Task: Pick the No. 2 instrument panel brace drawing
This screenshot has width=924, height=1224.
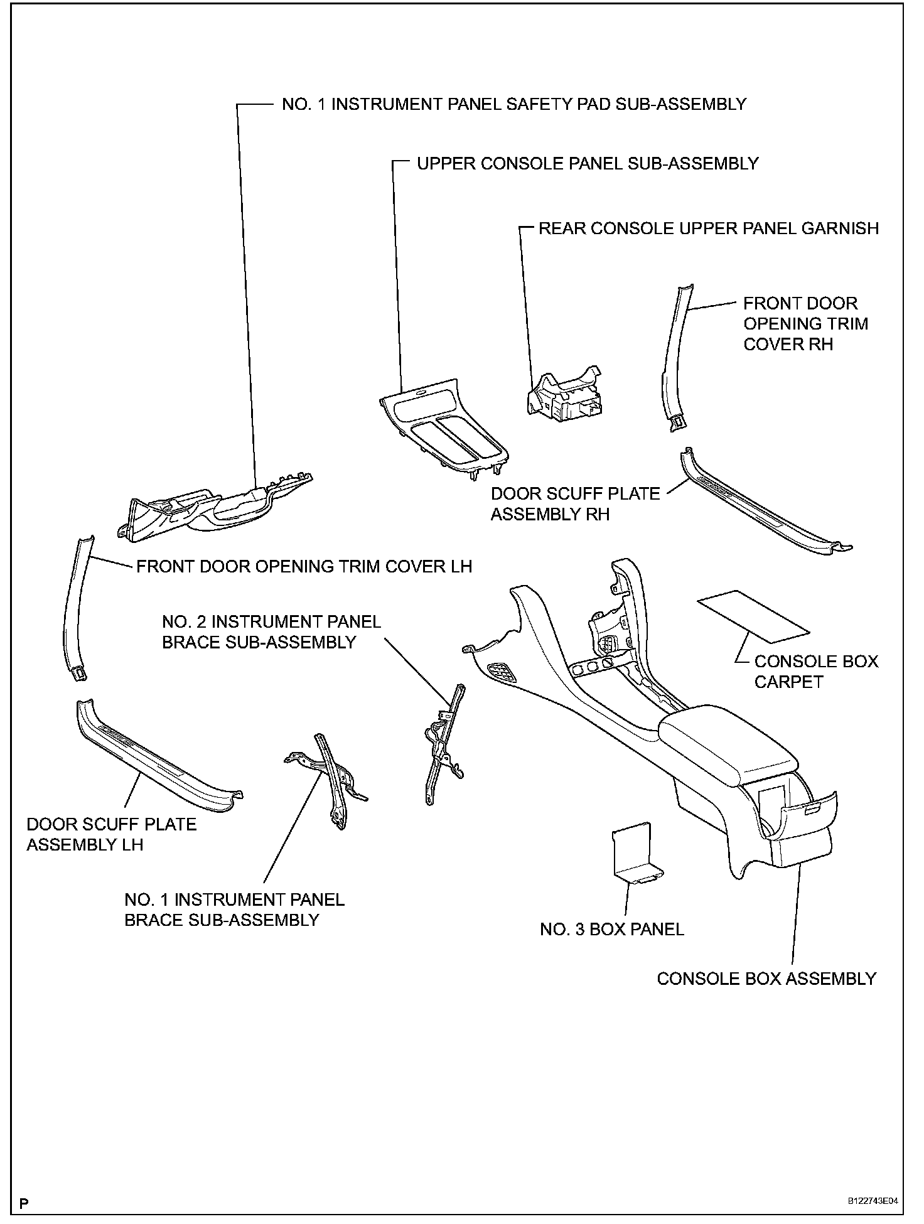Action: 443,744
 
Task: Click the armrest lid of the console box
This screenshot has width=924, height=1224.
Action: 728,744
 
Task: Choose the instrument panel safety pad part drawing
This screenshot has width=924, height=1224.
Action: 217,505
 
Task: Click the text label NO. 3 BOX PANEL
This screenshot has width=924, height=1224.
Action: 612,929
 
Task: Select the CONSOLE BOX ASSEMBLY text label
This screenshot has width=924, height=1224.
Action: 766,979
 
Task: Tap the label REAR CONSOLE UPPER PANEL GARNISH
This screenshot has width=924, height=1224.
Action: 709,228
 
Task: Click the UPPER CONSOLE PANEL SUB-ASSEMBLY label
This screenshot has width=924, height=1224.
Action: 588,163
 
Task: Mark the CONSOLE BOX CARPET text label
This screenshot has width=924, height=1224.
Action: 816,672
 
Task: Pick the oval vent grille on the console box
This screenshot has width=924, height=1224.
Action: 502,674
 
